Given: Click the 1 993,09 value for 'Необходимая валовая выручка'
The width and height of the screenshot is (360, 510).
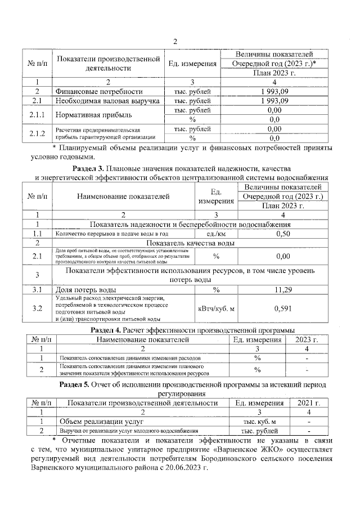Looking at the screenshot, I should pos(274,101).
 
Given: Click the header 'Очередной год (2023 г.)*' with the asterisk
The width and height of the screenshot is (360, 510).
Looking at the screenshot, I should pos(274,64).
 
